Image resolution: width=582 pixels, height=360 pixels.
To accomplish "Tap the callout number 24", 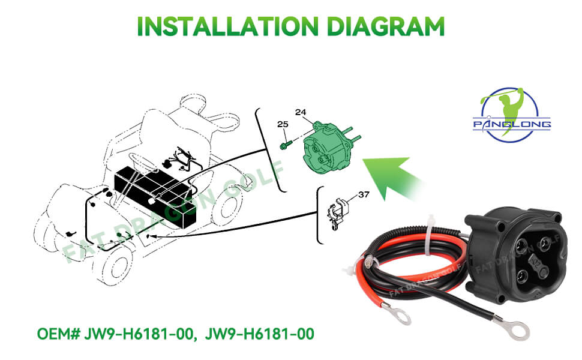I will (x=300, y=113).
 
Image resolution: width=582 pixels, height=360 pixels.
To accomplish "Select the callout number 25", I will (x=283, y=124).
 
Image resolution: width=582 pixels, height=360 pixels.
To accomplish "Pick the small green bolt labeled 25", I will (x=284, y=145).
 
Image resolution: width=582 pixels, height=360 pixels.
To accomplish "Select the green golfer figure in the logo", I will (x=508, y=102).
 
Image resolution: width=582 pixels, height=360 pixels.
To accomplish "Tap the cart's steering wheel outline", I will (x=140, y=158).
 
